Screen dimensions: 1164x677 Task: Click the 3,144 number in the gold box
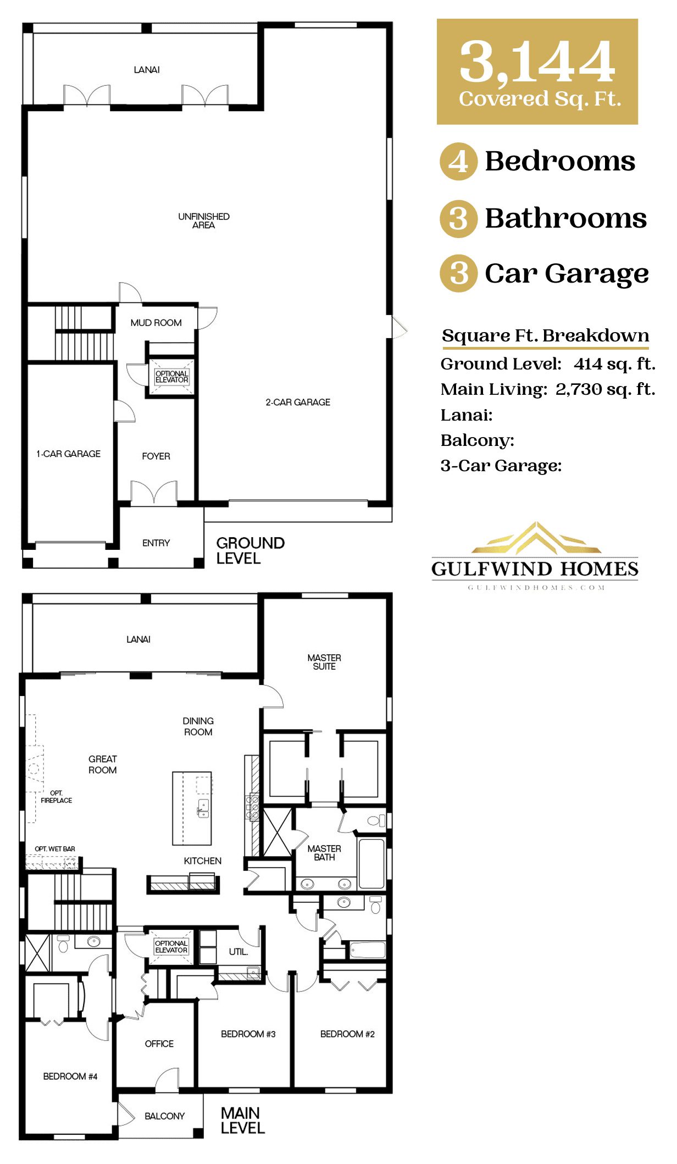(x=537, y=62)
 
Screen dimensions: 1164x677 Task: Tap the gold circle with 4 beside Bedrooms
(x=458, y=162)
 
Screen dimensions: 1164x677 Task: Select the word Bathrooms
(x=565, y=218)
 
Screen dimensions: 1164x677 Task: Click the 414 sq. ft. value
(x=614, y=364)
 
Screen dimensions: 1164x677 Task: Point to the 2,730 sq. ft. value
(x=605, y=389)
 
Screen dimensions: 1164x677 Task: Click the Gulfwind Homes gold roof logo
(x=536, y=538)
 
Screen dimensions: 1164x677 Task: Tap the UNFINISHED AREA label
(x=204, y=220)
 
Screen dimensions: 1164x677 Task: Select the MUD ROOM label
(x=156, y=323)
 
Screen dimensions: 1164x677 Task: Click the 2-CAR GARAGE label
(x=298, y=402)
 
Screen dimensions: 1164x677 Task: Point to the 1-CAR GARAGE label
(x=69, y=454)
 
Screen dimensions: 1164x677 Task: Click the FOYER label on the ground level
(x=156, y=456)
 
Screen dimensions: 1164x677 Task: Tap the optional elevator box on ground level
(x=171, y=377)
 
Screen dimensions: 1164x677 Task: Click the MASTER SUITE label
(x=324, y=662)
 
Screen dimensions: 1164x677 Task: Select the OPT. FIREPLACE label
(x=56, y=797)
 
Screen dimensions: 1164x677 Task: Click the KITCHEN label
(x=203, y=861)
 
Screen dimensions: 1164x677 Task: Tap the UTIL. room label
(x=238, y=952)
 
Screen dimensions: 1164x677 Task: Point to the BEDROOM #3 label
(x=248, y=1034)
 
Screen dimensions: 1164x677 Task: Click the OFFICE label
(x=159, y=1044)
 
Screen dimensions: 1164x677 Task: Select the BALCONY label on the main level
(x=164, y=1116)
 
